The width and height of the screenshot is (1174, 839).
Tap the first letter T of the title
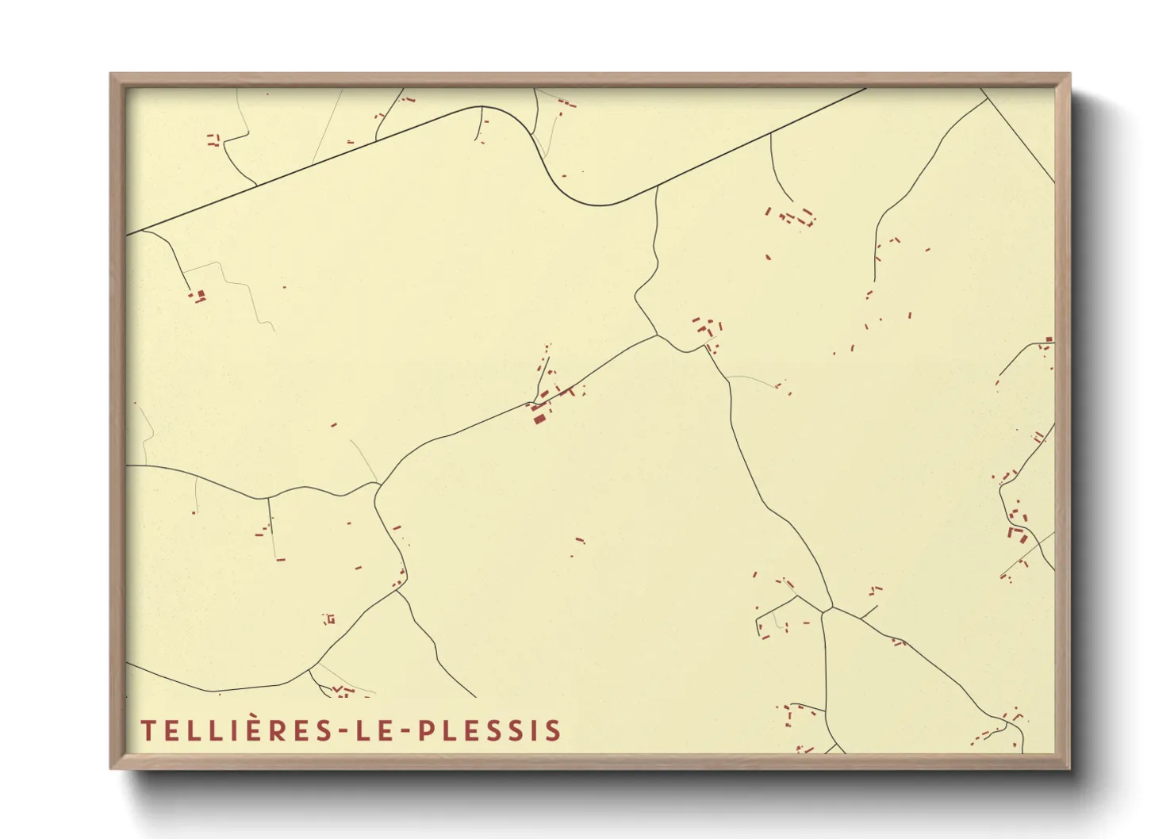coord(148,730)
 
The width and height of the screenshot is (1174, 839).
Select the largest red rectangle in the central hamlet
coord(539,418)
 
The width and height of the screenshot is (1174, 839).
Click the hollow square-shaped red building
coord(330,619)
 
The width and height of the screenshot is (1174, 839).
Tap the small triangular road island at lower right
coord(826,610)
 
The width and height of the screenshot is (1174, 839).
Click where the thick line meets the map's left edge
coord(128,235)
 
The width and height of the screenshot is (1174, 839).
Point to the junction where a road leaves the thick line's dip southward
coord(657,189)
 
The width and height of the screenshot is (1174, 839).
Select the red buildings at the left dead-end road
coord(197,296)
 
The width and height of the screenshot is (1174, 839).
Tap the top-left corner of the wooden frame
coord(110,74)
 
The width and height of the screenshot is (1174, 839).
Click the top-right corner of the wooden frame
coord(1070,74)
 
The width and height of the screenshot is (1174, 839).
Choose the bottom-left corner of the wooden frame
coord(110,768)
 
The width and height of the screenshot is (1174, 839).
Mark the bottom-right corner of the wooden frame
coord(1070,768)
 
